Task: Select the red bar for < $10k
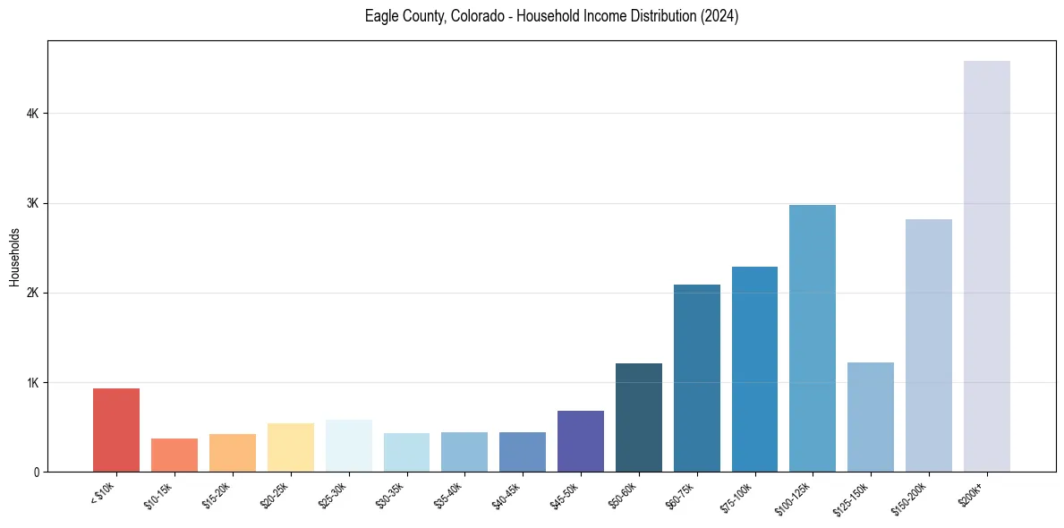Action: click(116, 430)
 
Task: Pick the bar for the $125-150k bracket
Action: click(871, 417)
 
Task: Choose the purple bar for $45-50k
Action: click(581, 441)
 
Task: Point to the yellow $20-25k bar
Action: click(291, 447)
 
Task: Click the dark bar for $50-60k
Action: click(639, 418)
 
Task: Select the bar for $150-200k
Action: click(929, 345)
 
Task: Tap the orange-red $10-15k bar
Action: click(174, 455)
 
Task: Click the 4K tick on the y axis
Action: click(32, 114)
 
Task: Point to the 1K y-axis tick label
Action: click(32, 382)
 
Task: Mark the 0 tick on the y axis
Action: click(36, 472)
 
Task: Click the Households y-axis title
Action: click(14, 257)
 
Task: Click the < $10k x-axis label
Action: click(104, 493)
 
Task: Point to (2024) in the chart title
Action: click(720, 16)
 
